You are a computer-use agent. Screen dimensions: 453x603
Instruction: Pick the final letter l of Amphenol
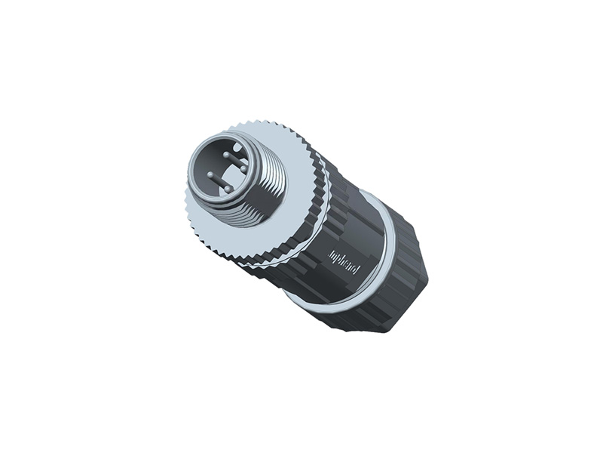[357, 270]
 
